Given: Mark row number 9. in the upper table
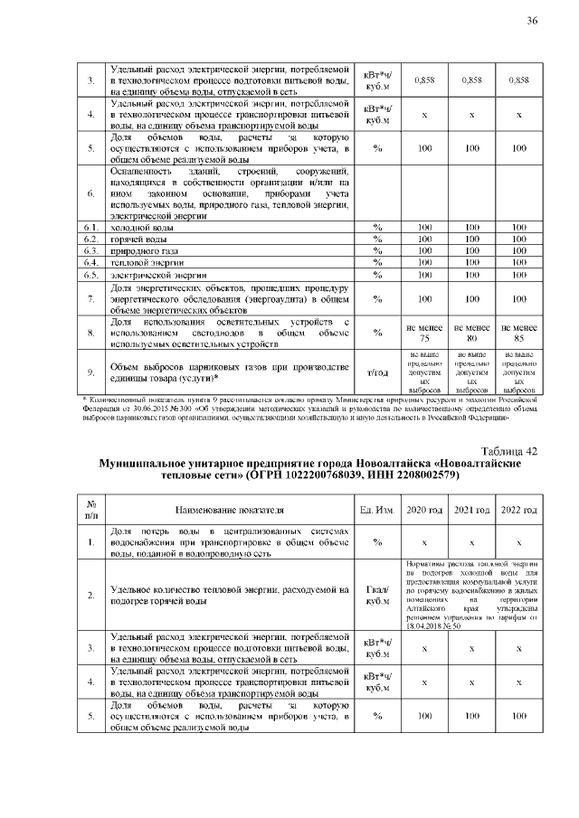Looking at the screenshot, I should point(90,371).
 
